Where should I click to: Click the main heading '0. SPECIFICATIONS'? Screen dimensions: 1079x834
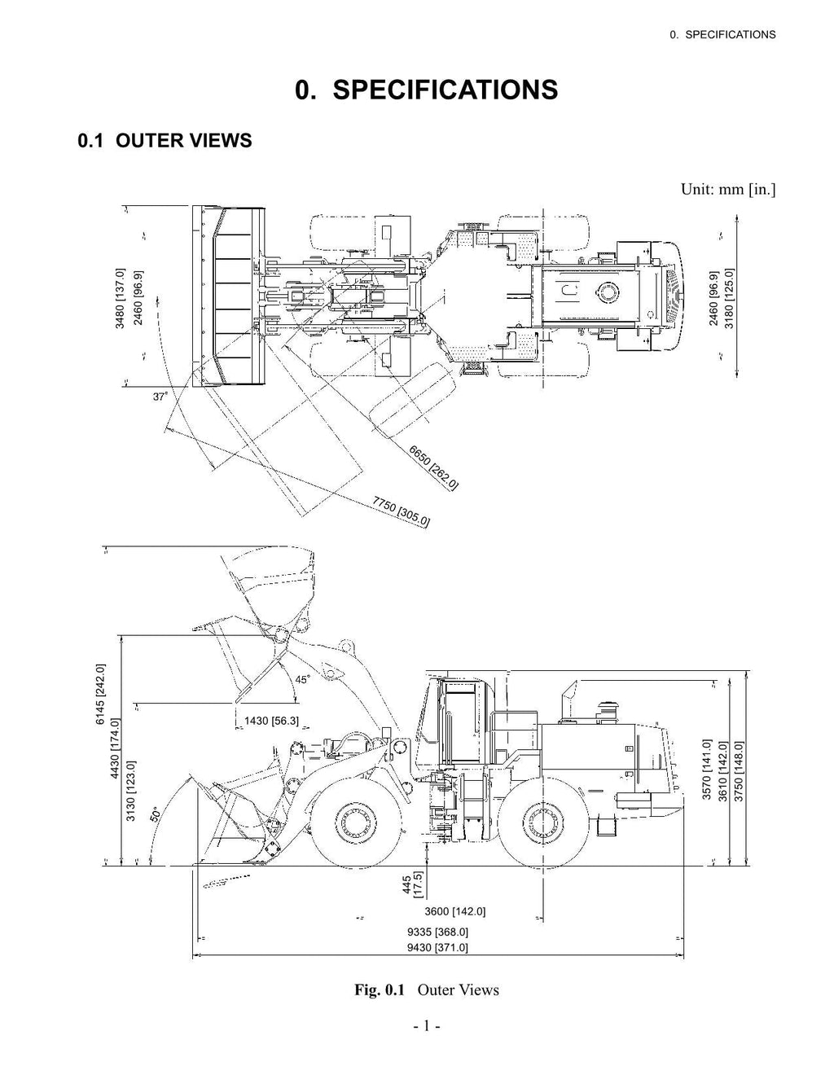pyautogui.click(x=427, y=90)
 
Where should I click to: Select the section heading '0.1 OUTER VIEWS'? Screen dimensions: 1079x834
pyautogui.click(x=165, y=141)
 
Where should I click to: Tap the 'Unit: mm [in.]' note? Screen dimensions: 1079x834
pyautogui.click(x=727, y=190)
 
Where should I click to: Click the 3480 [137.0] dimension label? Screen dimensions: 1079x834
pyautogui.click(x=121, y=297)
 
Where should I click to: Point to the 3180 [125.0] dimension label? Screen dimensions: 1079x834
pyautogui.click(x=730, y=297)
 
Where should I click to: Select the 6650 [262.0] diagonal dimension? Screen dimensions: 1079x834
pyautogui.click(x=434, y=467)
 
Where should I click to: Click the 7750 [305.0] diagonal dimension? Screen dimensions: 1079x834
pyautogui.click(x=402, y=511)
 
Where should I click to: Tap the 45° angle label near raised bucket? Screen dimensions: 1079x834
pyautogui.click(x=302, y=679)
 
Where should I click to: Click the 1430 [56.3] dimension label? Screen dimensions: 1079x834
pyautogui.click(x=271, y=720)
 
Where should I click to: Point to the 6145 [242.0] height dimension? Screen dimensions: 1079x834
pyautogui.click(x=101, y=693)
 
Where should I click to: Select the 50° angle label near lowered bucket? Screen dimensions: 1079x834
pyautogui.click(x=156, y=816)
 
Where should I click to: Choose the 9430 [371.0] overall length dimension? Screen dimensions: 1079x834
pyautogui.click(x=437, y=947)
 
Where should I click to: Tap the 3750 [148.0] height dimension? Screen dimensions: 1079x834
pyautogui.click(x=740, y=770)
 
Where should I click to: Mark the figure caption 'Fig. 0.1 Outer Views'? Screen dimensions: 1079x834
pyautogui.click(x=426, y=989)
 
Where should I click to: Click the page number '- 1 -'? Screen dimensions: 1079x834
pyautogui.click(x=426, y=1027)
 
